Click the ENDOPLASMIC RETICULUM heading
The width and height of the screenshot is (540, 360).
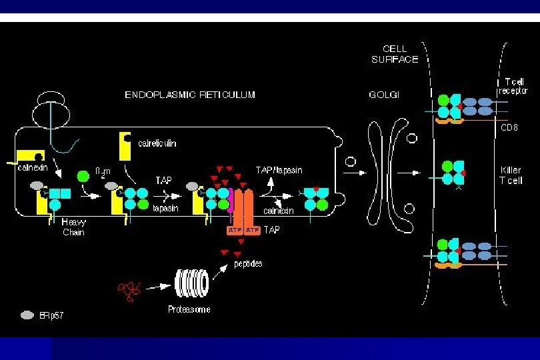coord(190,95)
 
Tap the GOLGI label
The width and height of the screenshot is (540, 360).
coord(384,95)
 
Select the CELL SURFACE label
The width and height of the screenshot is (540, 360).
coord(395,54)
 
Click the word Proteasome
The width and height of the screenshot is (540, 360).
coord(189,309)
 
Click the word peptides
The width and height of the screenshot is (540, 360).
coord(247,264)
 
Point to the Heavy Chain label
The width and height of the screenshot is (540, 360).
coord(73,227)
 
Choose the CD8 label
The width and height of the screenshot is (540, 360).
coord(509,127)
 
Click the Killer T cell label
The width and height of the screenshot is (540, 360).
coord(511,175)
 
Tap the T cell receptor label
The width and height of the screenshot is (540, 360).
coord(512,86)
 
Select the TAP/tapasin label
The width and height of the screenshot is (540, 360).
coord(279,171)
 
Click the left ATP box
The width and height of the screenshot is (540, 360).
coord(233,230)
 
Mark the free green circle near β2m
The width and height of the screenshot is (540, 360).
coord(83,177)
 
